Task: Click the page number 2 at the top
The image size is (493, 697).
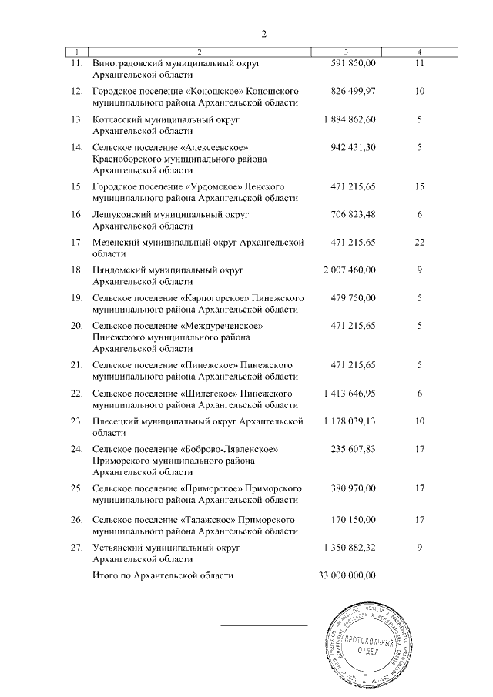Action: point(263,34)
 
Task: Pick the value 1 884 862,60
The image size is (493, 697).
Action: point(347,119)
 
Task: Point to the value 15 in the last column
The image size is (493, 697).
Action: point(419,186)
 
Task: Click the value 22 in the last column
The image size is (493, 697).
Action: point(419,243)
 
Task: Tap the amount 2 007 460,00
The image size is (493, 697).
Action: point(347,270)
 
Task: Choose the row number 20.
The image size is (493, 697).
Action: point(76,326)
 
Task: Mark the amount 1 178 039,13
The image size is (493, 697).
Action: point(347,421)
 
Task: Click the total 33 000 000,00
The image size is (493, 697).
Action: point(347,575)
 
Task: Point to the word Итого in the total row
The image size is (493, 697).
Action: point(104,575)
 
